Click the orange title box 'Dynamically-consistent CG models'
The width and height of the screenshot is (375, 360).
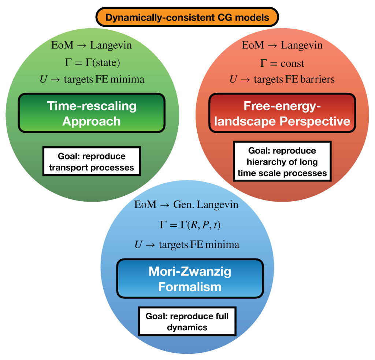(187, 17)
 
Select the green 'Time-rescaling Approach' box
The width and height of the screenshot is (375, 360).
(92, 113)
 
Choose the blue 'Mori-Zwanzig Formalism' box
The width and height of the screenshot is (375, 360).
(190, 279)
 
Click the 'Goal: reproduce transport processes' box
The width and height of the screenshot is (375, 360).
(92, 162)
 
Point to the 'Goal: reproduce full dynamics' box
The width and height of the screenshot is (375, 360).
(187, 322)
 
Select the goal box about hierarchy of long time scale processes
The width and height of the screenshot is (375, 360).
(282, 162)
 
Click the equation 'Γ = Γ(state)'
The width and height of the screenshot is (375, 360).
(92, 63)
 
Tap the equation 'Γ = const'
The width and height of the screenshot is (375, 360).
(282, 63)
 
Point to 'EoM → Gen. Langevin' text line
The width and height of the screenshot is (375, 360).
(186, 205)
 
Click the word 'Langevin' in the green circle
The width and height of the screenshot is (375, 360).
(111, 46)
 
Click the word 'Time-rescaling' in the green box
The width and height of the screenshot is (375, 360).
(92, 106)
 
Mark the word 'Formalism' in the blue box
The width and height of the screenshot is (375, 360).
(190, 286)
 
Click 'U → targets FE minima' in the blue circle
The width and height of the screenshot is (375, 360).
(187, 245)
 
